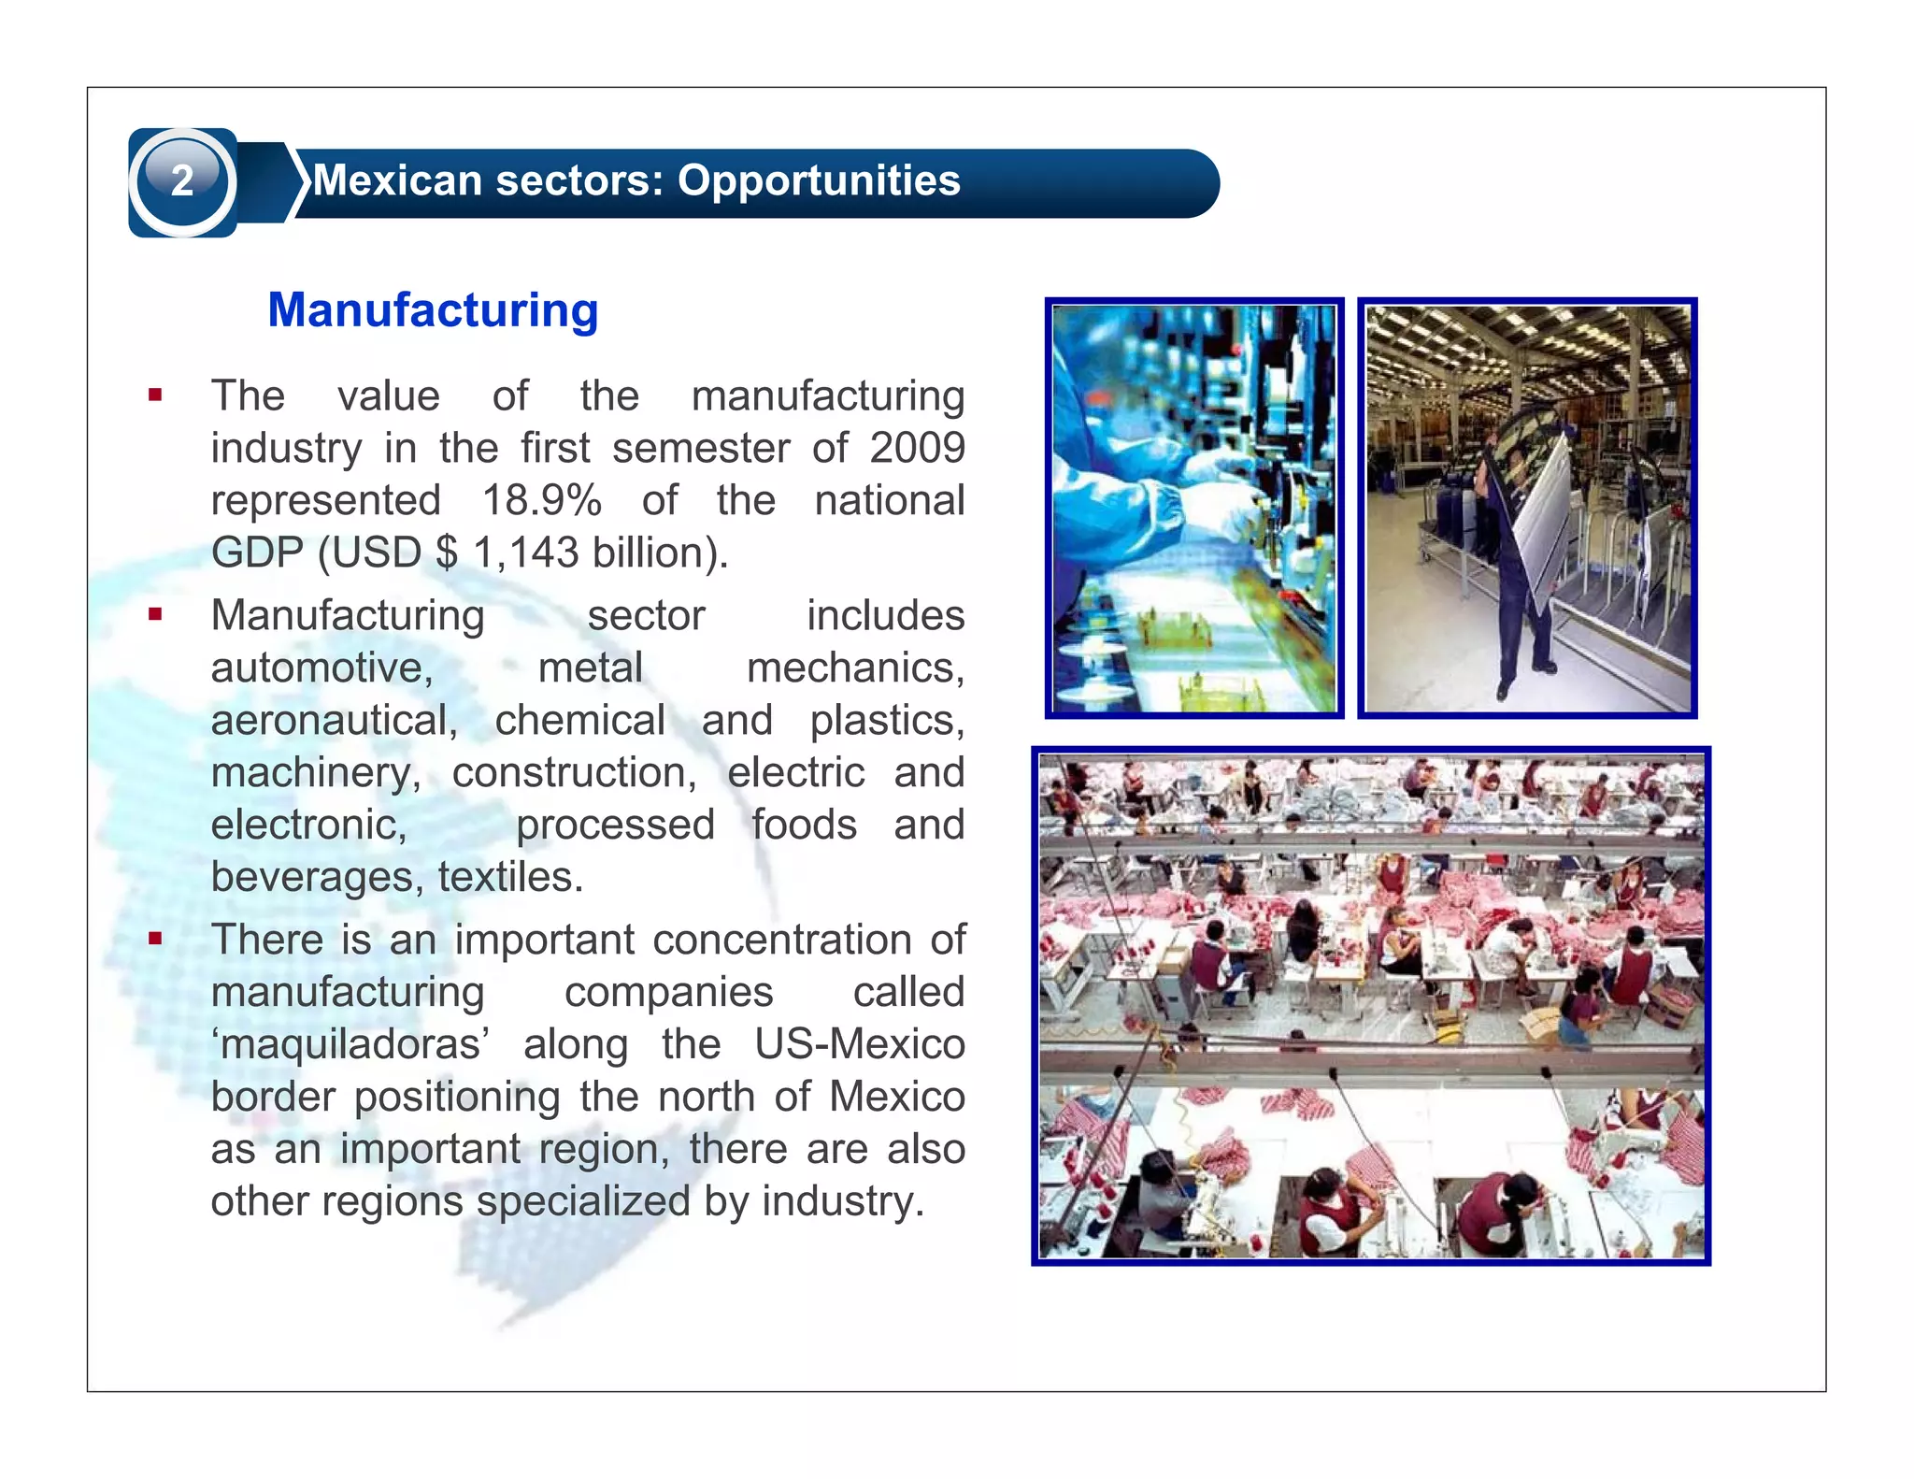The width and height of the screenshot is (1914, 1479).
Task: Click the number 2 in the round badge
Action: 182,180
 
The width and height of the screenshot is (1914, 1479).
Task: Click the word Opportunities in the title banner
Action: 819,180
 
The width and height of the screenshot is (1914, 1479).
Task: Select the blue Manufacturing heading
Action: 433,310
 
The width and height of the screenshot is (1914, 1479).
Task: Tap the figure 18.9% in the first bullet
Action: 541,500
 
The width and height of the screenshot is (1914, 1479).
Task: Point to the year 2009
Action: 917,448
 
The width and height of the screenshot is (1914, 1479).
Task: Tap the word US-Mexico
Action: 860,1044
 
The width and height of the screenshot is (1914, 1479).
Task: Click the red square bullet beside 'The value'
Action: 155,395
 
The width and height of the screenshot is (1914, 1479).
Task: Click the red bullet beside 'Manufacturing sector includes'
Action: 155,615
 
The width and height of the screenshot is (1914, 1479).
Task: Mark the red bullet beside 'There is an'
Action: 155,939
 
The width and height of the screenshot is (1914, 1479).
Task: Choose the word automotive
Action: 321,668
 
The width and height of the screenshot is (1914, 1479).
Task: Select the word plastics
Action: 886,721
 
